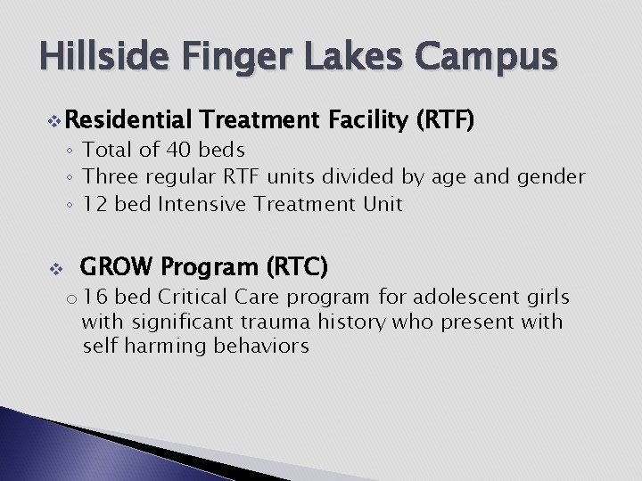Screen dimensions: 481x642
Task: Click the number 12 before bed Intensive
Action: pos(95,204)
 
